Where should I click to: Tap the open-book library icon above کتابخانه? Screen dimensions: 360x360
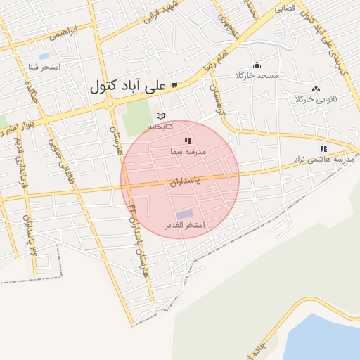(160, 116)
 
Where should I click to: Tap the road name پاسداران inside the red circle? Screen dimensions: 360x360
(184, 181)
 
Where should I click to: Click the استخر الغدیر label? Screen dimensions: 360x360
(184, 225)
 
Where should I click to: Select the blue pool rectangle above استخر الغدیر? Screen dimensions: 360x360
(184, 214)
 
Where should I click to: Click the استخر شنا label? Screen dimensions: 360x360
(44, 67)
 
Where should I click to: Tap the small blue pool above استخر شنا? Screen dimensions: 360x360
(44, 56)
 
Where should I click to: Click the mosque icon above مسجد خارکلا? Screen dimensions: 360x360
(257, 65)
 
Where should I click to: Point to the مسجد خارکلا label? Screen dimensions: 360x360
(257, 75)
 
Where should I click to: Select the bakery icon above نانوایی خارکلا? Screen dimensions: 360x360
(316, 89)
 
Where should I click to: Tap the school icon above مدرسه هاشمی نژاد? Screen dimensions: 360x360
(323, 148)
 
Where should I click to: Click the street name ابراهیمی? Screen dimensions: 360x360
(72, 31)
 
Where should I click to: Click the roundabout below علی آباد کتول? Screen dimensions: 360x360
(110, 105)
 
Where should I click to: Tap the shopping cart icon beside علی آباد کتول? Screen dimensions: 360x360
(174, 85)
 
